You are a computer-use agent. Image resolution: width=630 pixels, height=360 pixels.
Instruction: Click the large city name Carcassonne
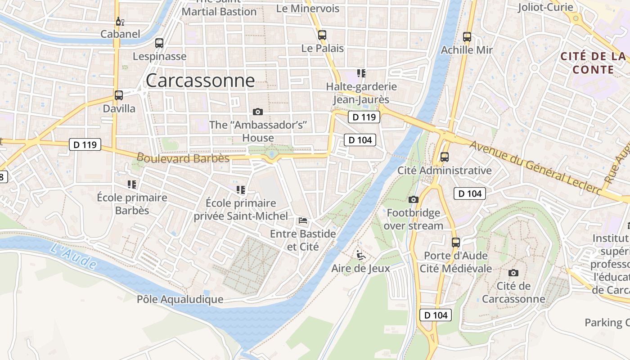[x=200, y=81]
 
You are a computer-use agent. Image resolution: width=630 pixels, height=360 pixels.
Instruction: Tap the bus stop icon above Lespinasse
[x=159, y=43]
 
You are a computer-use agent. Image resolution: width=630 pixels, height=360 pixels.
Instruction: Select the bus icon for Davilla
[x=119, y=95]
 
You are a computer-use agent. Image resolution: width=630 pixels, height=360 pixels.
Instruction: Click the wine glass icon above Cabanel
[x=120, y=21]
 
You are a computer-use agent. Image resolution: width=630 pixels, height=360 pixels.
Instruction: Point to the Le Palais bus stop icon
[x=322, y=35]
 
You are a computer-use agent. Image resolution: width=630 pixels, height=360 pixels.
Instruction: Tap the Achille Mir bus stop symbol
[x=467, y=37]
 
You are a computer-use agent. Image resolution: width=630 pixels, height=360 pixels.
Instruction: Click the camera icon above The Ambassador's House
[x=258, y=112]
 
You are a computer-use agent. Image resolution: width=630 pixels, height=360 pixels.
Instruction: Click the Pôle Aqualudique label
[x=180, y=299]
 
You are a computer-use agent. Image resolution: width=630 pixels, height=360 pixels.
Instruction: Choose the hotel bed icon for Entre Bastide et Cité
[x=303, y=220]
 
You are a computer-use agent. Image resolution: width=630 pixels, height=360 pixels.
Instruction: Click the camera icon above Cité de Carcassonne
[x=513, y=273]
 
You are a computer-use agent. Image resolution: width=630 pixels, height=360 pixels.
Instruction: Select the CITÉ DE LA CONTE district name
[x=593, y=63]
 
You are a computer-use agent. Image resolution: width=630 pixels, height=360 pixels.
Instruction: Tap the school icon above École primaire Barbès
[x=132, y=184]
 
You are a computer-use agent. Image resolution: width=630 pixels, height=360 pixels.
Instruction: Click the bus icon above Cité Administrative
[x=445, y=157]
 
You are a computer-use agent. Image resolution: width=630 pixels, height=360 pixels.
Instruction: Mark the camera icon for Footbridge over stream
[x=413, y=199]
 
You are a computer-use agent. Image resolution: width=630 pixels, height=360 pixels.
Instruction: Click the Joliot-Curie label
[x=545, y=7]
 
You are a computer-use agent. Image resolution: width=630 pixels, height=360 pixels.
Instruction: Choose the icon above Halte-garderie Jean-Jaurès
[x=361, y=73]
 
